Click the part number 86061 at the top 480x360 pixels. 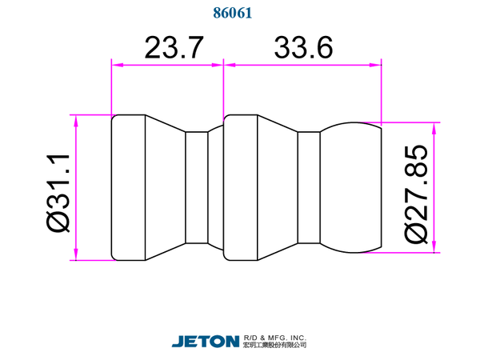pos(233,13)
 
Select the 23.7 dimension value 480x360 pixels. pos(174,48)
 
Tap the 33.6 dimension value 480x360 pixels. pos(303,48)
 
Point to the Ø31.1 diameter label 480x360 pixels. pos(58,194)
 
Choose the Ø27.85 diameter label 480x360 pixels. pos(416,194)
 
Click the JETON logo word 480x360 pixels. pos(206,342)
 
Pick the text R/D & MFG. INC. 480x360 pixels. pos(275,338)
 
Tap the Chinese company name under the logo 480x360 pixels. pos(275,346)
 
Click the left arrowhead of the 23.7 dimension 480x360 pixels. pos(118,65)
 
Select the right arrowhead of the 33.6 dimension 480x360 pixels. pos(376,65)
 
